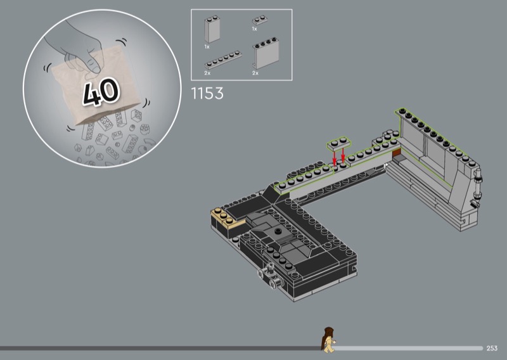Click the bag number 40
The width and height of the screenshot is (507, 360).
101,92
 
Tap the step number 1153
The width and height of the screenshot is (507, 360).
207,93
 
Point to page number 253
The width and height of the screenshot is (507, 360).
492,348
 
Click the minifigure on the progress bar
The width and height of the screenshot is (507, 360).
328,340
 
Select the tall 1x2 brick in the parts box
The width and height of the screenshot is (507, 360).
212,30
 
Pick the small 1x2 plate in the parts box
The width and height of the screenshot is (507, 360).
260,20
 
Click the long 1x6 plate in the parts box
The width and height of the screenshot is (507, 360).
223,60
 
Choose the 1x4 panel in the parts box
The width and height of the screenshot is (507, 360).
266,53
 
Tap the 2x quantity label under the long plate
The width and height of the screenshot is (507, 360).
207,74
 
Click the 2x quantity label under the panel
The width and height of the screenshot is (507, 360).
255,74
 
